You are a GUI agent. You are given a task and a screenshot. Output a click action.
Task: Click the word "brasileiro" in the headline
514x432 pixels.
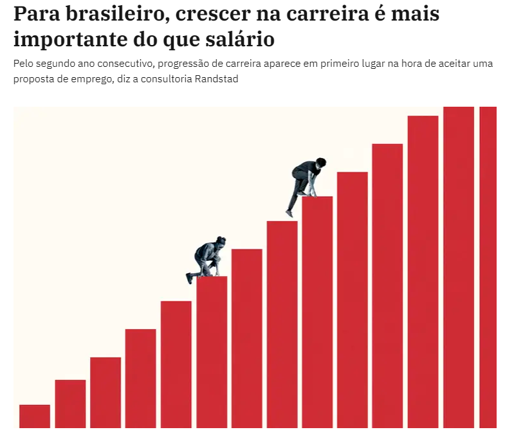coord(118,14)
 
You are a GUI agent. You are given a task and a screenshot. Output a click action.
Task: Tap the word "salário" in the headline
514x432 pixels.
coord(240,39)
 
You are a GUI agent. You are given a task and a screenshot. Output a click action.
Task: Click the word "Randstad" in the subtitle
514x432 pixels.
coord(216,79)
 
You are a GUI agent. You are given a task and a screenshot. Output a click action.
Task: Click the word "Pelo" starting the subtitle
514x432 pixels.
coord(23,63)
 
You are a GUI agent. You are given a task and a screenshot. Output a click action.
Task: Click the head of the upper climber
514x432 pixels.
coord(321,163)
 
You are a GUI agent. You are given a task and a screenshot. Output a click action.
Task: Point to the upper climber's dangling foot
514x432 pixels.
coord(289,213)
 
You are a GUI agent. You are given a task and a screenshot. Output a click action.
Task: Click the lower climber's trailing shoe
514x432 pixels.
coord(189,278)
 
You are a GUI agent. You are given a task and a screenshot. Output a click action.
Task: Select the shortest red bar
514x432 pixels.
coord(35,417)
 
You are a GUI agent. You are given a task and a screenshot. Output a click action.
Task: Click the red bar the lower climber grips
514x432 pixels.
coord(212,352)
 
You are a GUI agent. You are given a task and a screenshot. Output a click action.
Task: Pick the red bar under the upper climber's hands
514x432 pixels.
coord(317,312)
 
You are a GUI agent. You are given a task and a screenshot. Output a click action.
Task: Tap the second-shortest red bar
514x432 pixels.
coord(71,404)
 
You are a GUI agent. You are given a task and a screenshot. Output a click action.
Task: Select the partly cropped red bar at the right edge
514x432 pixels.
coord(488,267)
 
